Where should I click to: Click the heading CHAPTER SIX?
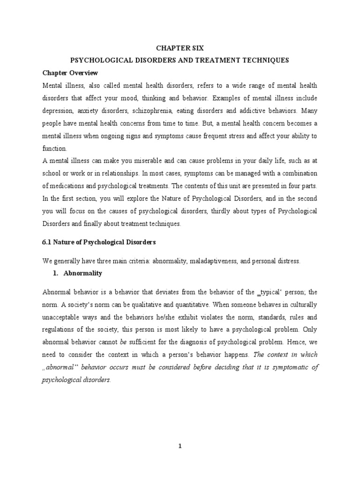click(180, 48)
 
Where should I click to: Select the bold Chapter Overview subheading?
click(70, 73)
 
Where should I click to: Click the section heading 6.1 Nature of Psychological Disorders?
click(99, 242)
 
